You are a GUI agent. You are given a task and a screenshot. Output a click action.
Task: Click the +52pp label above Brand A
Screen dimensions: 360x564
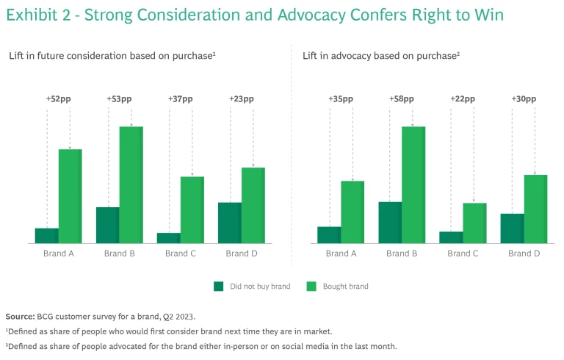59,99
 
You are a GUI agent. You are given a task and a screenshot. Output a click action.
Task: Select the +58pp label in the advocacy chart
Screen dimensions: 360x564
402,99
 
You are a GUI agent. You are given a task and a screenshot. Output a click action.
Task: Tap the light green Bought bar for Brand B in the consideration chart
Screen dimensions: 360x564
131,184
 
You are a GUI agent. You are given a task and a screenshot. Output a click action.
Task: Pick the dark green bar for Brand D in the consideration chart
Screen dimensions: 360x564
230,223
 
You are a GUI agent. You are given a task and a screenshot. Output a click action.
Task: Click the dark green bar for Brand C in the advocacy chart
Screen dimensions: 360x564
451,237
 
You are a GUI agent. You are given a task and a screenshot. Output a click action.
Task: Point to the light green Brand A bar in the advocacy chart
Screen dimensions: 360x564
352,212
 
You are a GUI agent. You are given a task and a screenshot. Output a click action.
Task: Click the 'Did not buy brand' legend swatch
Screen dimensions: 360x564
218,286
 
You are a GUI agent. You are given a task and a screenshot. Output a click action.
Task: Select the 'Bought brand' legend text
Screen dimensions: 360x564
345,287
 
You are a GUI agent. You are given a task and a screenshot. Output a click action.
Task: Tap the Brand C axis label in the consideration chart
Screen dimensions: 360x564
181,253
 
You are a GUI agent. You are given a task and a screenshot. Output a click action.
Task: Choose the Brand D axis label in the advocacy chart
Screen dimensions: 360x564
524,253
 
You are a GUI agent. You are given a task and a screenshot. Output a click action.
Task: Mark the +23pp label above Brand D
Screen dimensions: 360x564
242,99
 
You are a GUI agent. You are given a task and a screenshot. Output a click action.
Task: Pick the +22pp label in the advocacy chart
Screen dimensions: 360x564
463,99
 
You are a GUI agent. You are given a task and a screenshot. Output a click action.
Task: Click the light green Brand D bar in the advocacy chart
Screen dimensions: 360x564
535,209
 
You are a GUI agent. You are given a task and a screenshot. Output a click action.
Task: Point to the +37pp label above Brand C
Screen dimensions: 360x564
181,99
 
